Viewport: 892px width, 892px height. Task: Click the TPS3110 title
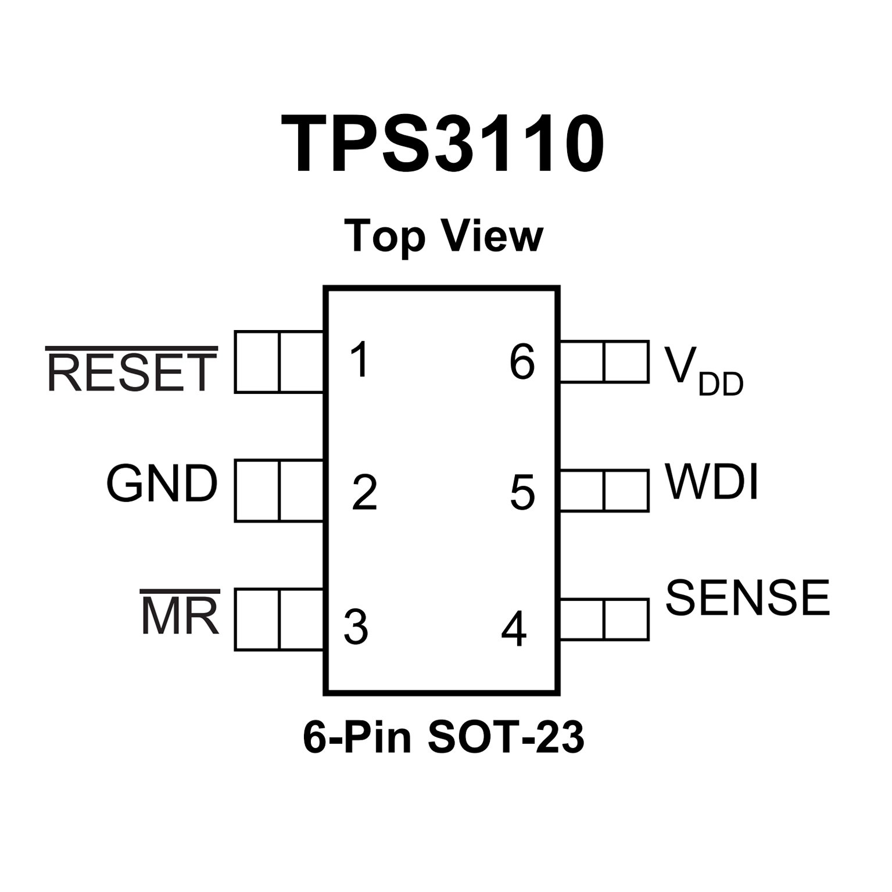click(x=443, y=144)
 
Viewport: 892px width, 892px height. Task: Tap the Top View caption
click(x=443, y=236)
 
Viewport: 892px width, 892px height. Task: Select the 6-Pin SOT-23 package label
click(x=443, y=737)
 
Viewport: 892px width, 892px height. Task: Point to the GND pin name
click(x=162, y=483)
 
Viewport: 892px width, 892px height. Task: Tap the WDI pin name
click(x=712, y=482)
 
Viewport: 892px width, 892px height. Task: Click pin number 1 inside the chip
click(x=361, y=360)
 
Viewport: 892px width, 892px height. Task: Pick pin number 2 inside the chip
click(x=365, y=493)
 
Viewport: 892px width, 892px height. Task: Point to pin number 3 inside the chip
click(x=356, y=628)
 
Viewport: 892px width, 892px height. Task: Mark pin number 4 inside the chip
click(x=514, y=629)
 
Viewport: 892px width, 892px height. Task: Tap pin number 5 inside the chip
click(x=522, y=493)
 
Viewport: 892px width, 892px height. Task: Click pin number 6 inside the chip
click(x=522, y=362)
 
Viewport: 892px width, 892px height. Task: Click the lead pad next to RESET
click(x=279, y=362)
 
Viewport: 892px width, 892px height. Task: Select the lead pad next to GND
click(x=279, y=491)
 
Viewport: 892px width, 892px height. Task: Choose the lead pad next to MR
click(x=279, y=619)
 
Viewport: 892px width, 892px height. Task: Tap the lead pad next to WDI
click(x=604, y=491)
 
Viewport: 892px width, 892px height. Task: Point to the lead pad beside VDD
click(x=604, y=362)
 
